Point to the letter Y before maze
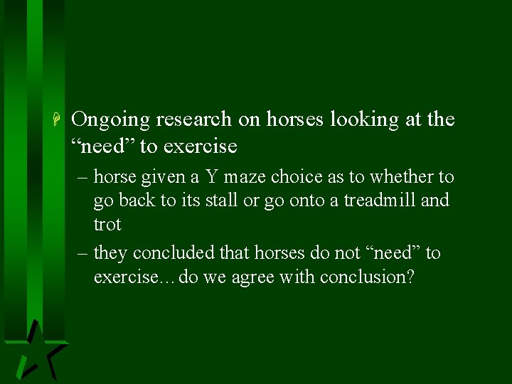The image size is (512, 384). click(x=212, y=176)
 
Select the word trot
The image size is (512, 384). click(x=107, y=225)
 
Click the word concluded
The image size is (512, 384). click(x=172, y=253)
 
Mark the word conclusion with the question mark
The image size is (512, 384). click(x=367, y=277)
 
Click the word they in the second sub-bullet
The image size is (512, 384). click(x=110, y=253)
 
